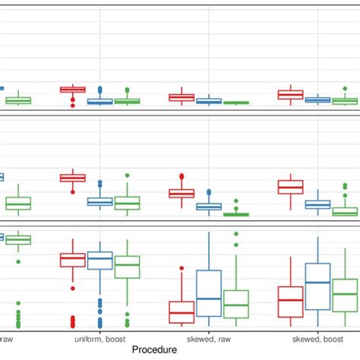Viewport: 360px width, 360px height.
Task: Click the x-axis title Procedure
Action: coord(160,349)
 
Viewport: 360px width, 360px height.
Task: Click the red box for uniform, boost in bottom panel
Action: coord(73,260)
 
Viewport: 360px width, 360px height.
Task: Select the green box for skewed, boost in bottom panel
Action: coord(345,295)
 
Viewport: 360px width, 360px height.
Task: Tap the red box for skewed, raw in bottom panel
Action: coord(182,311)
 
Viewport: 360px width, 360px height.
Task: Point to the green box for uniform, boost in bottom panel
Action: coord(128,267)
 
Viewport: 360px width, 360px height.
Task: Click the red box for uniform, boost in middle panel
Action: coord(73,178)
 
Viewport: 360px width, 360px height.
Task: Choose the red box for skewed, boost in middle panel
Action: coord(290,187)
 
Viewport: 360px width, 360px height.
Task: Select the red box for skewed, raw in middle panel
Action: coord(182,194)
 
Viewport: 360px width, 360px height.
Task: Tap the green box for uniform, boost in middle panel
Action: coord(128,203)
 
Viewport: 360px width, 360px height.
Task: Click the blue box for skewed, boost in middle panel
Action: coord(317,204)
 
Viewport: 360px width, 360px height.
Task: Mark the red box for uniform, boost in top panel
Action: coord(73,90)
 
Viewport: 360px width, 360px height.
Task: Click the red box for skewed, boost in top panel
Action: coord(290,95)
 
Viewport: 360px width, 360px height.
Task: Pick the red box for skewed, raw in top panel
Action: coord(182,97)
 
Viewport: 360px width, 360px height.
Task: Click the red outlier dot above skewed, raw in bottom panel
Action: coord(182,267)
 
